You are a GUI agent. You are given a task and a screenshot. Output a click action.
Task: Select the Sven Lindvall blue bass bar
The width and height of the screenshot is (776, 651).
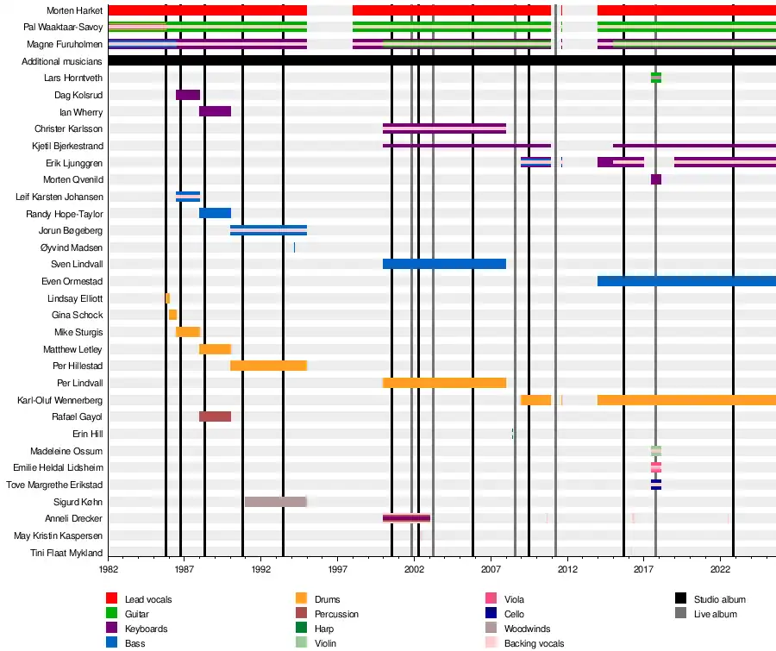click(444, 264)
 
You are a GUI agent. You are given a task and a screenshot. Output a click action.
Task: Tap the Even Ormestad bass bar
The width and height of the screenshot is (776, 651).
click(685, 281)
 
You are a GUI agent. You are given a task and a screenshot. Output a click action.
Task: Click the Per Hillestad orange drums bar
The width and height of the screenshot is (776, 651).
click(268, 366)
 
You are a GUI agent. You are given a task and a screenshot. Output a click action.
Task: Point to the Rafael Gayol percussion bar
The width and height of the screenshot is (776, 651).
click(215, 416)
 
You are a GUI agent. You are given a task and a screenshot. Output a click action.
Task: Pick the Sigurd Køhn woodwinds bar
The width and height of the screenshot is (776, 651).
click(275, 502)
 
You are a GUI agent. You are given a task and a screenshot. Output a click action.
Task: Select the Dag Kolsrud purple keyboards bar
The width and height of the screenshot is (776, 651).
click(188, 95)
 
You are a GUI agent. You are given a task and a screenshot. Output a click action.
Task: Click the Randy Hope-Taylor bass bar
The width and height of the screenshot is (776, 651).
click(215, 213)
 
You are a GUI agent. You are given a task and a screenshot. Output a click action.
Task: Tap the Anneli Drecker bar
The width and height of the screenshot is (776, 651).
click(406, 518)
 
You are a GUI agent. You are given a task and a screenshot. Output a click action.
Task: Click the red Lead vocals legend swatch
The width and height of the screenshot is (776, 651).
click(111, 599)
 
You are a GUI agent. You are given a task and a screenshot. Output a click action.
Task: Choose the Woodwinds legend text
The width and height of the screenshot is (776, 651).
click(527, 629)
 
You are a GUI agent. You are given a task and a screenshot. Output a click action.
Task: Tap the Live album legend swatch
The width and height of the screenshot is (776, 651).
click(680, 614)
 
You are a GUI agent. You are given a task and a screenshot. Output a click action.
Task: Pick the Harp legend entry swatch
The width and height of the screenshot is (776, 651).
click(301, 629)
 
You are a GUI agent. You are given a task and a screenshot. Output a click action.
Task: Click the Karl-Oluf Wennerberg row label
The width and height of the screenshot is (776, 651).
click(59, 400)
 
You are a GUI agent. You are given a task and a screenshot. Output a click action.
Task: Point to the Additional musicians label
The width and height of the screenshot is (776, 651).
click(62, 61)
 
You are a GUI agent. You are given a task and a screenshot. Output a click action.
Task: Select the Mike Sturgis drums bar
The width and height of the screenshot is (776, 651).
click(188, 332)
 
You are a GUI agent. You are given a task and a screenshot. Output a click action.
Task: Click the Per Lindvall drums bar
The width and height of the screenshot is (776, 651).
click(444, 383)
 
